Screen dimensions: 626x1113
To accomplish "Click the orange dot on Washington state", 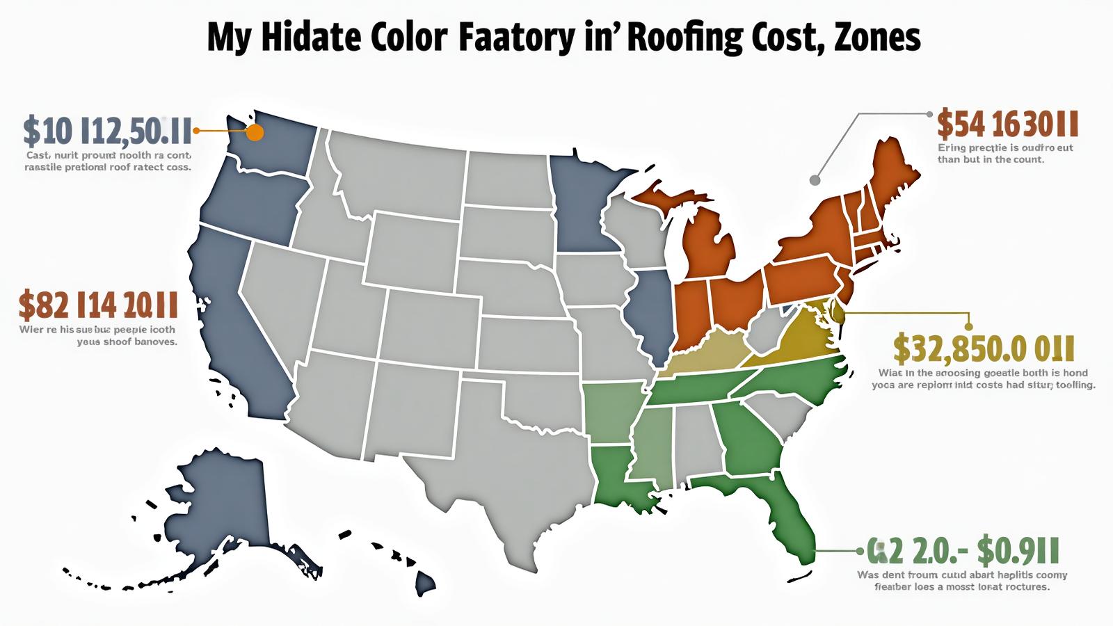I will point(255,132).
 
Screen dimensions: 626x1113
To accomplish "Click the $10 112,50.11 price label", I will point(107,130).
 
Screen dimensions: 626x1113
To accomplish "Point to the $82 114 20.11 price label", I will point(98,305).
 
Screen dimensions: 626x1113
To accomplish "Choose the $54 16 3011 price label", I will point(1007,124).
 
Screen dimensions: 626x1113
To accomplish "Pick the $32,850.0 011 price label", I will point(984,348).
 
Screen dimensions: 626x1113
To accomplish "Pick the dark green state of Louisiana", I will point(616,476).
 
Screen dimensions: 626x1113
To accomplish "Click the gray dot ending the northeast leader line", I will point(815,180).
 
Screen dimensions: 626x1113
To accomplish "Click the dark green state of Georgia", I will point(748,438).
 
